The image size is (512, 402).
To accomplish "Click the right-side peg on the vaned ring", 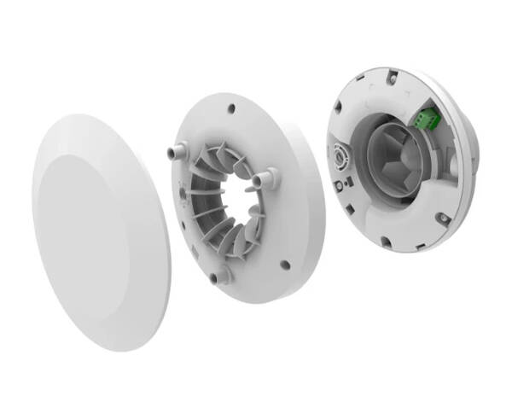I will coord(267,178).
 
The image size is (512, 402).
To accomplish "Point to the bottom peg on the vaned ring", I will coord(221,274).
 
